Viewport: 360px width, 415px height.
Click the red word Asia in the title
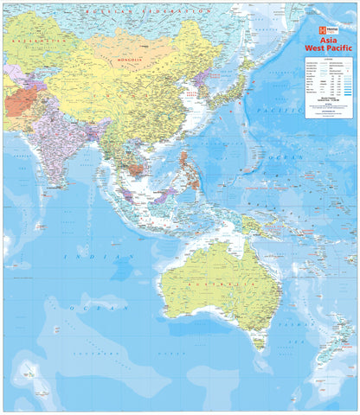(x=330, y=41)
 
